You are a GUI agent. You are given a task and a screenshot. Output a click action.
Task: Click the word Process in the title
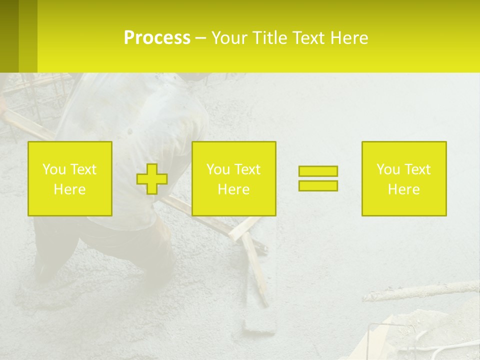click(x=157, y=38)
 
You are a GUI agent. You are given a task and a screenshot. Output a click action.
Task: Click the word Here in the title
click(x=349, y=38)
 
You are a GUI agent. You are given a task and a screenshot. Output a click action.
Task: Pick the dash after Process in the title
click(x=200, y=38)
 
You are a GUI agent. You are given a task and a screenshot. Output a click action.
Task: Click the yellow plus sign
click(x=152, y=179)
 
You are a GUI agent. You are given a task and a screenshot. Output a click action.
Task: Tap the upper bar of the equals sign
click(x=318, y=171)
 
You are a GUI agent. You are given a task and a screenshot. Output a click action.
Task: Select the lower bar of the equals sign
click(x=318, y=186)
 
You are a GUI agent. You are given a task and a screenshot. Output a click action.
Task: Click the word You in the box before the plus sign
click(x=54, y=169)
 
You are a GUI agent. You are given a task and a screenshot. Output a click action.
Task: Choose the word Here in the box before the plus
click(x=69, y=189)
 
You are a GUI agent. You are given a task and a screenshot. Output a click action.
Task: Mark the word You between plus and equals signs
click(x=218, y=169)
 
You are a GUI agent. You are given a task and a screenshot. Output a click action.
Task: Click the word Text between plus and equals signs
click(x=247, y=169)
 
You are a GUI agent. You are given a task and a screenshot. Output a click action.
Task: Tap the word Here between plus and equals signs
click(x=233, y=189)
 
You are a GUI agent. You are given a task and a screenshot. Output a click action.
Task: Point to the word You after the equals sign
click(x=388, y=169)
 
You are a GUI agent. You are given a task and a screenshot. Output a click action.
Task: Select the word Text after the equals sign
click(x=417, y=169)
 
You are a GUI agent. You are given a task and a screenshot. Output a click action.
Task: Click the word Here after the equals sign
click(x=403, y=189)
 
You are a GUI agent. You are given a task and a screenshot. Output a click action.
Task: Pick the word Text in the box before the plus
click(x=83, y=169)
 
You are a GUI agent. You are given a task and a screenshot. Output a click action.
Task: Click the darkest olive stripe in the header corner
click(x=9, y=36)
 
